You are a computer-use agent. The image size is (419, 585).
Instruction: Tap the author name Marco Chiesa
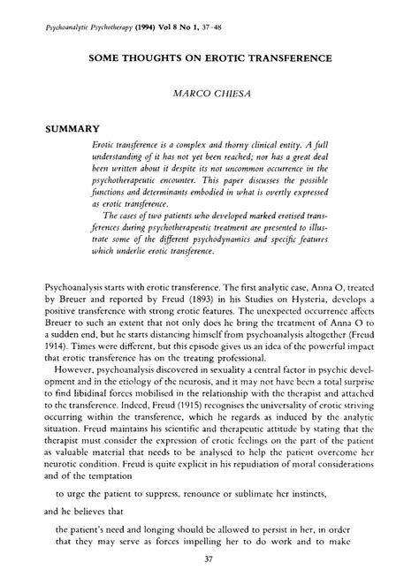pyautogui.click(x=209, y=91)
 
